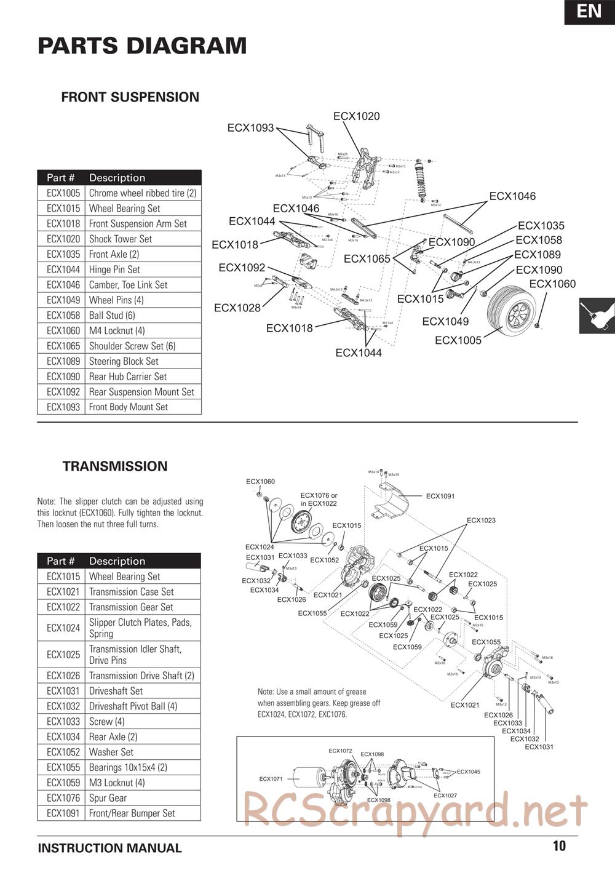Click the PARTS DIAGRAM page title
pyautogui.click(x=142, y=46)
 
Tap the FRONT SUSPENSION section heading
pyautogui.click(x=130, y=97)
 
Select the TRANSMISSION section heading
pyautogui.click(x=115, y=466)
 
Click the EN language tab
pyautogui.click(x=589, y=12)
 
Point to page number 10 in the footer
pyautogui.click(x=558, y=846)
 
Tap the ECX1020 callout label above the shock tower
pyautogui.click(x=356, y=116)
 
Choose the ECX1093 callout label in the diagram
pyautogui.click(x=250, y=128)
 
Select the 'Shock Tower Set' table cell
pyautogui.click(x=121, y=239)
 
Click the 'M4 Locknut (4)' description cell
pyautogui.click(x=117, y=330)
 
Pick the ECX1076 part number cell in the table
pyautogui.click(x=63, y=798)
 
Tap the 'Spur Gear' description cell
pyautogui.click(x=108, y=798)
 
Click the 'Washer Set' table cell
pyautogui.click(x=111, y=752)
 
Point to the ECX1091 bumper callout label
pyautogui.click(x=440, y=496)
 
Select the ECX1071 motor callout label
pyautogui.click(x=271, y=779)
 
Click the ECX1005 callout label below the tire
pyautogui.click(x=458, y=340)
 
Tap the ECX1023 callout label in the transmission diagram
pyautogui.click(x=481, y=521)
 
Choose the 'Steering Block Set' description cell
pyautogui.click(x=124, y=361)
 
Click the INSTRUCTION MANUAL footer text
pyautogui.click(x=109, y=848)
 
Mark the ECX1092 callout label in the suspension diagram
pyautogui.click(x=242, y=268)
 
